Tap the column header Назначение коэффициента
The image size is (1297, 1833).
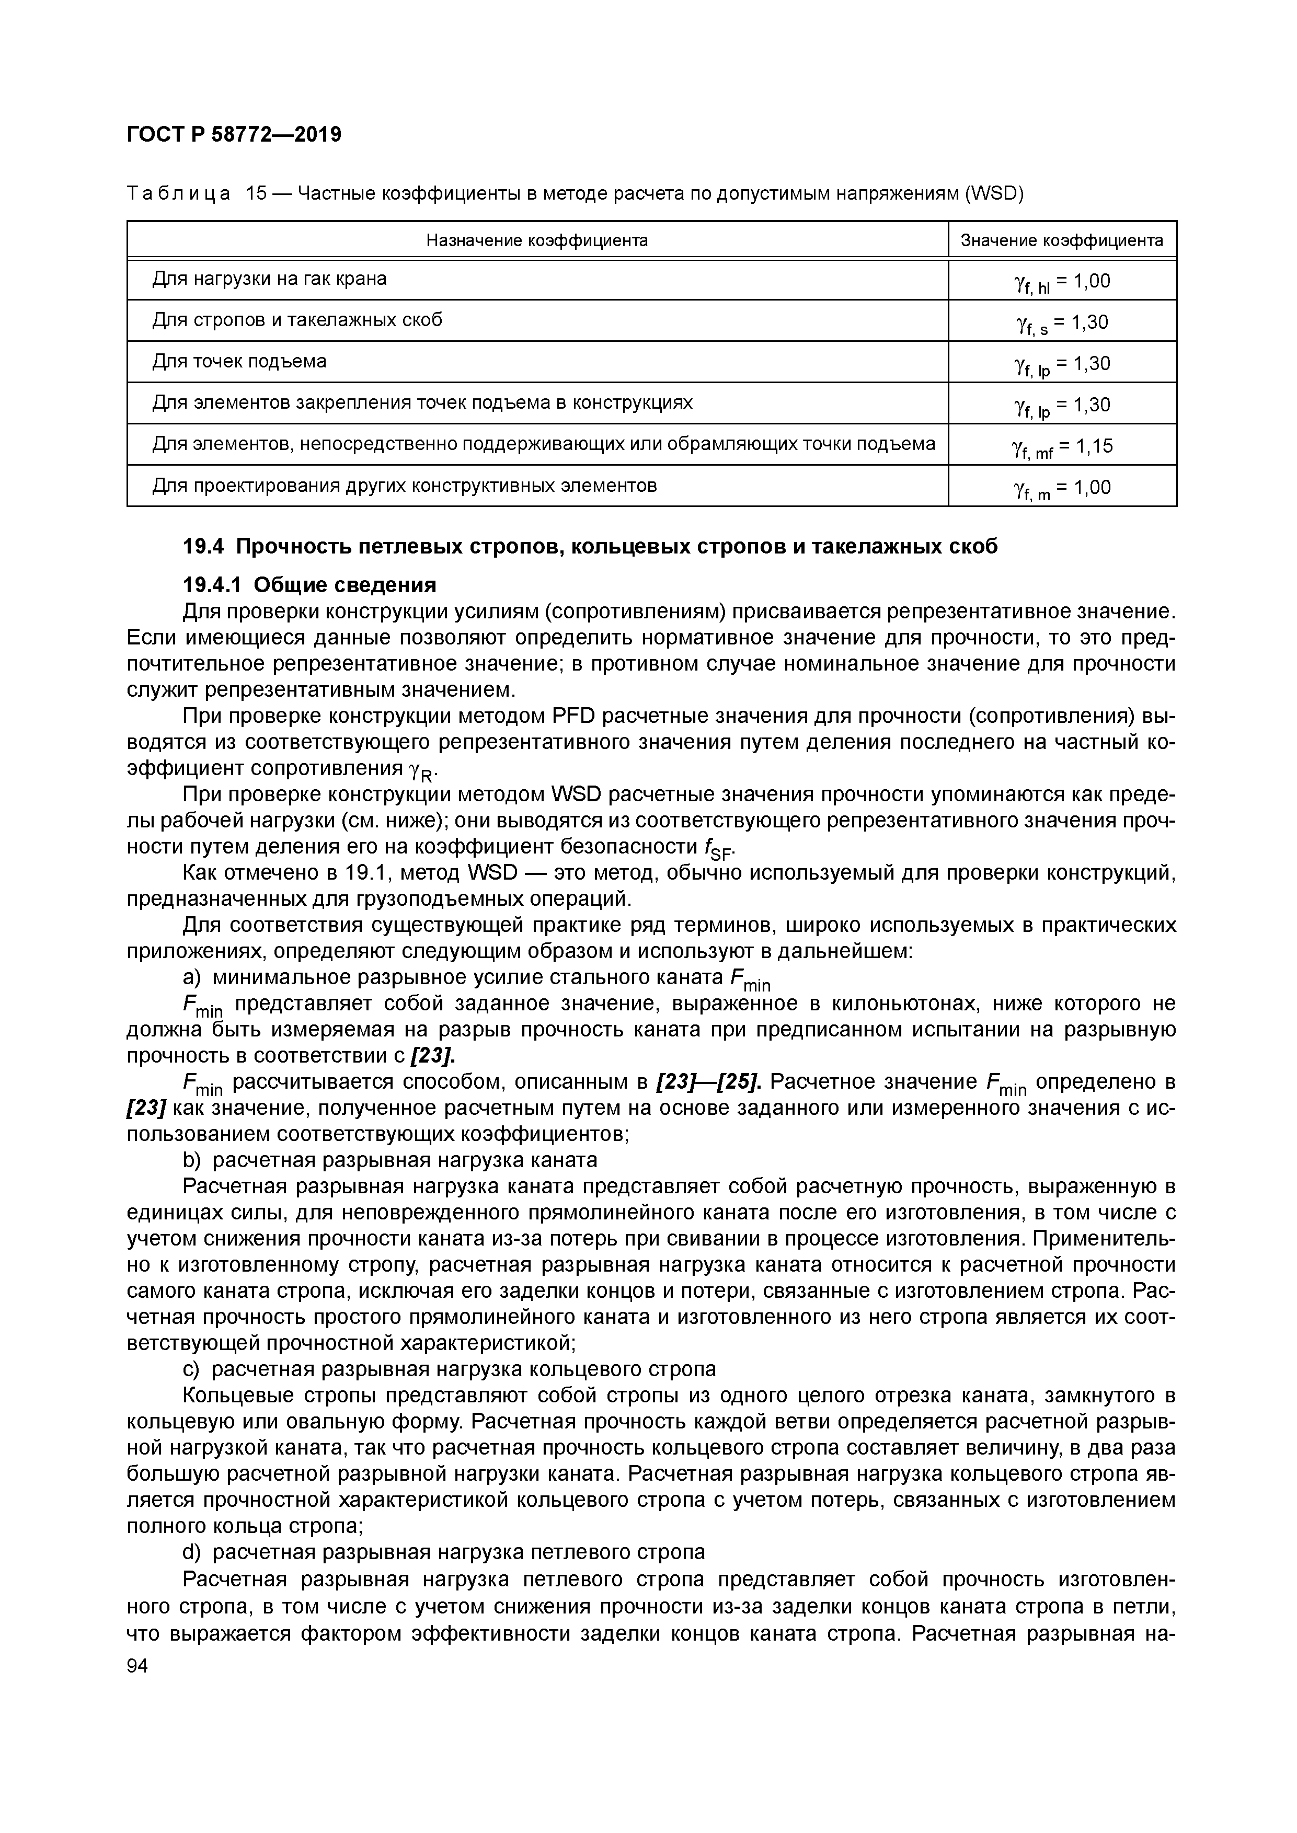point(537,240)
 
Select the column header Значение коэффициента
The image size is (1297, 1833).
point(1061,240)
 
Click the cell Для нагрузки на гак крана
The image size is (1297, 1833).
point(269,279)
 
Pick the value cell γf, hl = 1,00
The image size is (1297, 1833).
point(1061,282)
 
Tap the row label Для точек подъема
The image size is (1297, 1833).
point(239,362)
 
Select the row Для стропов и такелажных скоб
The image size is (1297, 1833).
point(297,320)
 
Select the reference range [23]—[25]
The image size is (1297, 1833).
point(708,1082)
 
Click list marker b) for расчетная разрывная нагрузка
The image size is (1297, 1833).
point(192,1159)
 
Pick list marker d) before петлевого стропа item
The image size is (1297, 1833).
point(192,1552)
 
